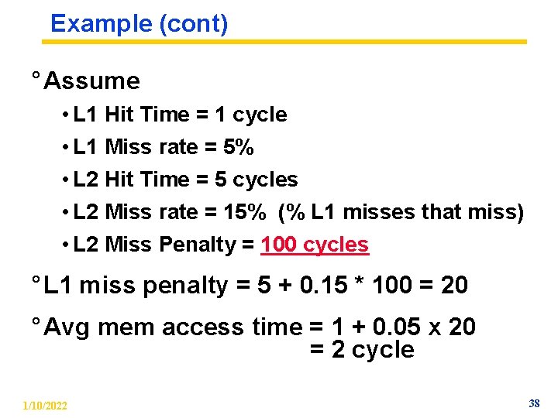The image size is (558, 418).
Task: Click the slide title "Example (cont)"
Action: click(x=139, y=24)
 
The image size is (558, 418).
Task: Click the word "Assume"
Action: click(x=92, y=81)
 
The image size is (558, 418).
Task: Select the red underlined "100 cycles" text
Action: click(x=315, y=245)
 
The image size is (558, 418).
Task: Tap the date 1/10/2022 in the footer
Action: click(x=45, y=406)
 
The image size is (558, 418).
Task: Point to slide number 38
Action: click(x=534, y=403)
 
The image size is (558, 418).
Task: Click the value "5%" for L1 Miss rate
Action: click(x=237, y=147)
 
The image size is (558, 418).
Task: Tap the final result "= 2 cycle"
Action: click(x=362, y=350)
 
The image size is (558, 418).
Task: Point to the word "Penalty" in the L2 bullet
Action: click(x=197, y=245)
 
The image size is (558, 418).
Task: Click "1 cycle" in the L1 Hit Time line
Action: click(x=250, y=115)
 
